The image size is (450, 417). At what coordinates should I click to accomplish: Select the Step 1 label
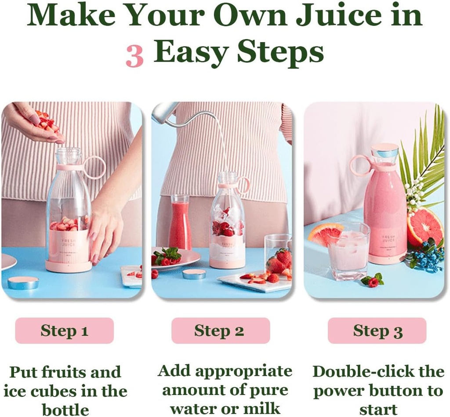64,331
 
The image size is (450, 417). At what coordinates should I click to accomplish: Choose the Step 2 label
219,331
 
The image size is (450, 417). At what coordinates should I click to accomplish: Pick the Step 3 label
377,331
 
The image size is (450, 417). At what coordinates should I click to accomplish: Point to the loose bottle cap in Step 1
23,282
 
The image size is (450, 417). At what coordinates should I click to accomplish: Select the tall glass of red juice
180,224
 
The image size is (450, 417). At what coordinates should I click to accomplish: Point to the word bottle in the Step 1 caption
65,410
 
